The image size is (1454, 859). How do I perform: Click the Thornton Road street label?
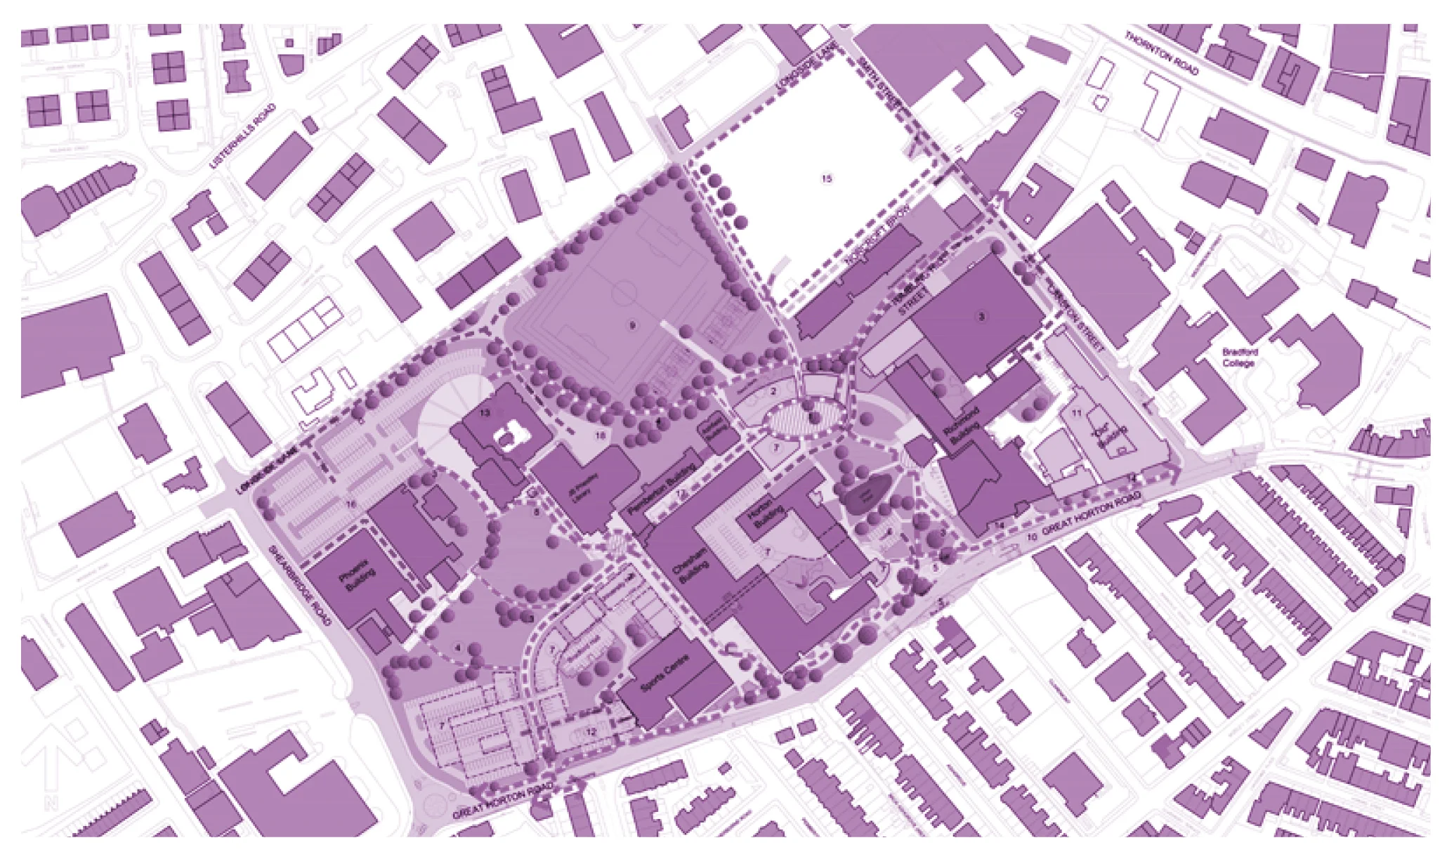pos(1162,53)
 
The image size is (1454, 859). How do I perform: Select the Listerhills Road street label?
pos(243,136)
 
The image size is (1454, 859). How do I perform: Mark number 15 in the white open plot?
pos(827,178)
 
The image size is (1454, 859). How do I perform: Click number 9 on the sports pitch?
pos(631,325)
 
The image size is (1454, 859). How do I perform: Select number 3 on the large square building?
pos(982,317)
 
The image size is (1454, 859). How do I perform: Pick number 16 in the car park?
pos(351,504)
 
